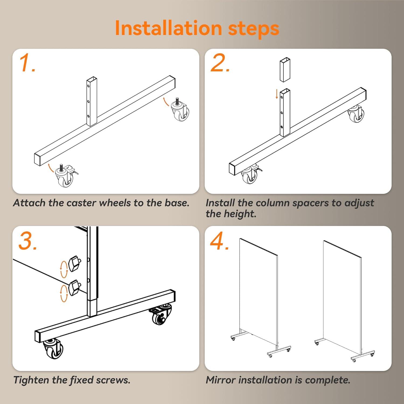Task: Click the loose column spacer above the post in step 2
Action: [x=285, y=69]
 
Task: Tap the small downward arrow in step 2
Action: [x=277, y=94]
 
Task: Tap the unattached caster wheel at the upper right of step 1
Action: [x=180, y=109]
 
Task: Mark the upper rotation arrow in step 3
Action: [x=64, y=269]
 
